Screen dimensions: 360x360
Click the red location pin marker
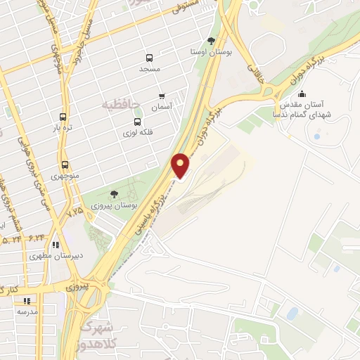tap(181, 165)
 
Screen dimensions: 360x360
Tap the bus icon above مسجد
tap(149, 58)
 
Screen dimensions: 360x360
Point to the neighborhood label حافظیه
tap(120, 105)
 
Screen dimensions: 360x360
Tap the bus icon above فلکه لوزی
tap(129, 121)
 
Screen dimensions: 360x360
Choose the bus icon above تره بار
tap(64, 117)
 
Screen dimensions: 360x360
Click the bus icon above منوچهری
tap(65, 164)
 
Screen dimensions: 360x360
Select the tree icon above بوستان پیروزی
tap(115, 194)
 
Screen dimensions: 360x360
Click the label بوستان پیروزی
tap(112, 207)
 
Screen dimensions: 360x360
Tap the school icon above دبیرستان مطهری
tap(56, 245)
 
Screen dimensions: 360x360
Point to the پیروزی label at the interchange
tap(77, 287)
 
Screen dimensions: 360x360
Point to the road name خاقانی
tap(250, 69)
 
